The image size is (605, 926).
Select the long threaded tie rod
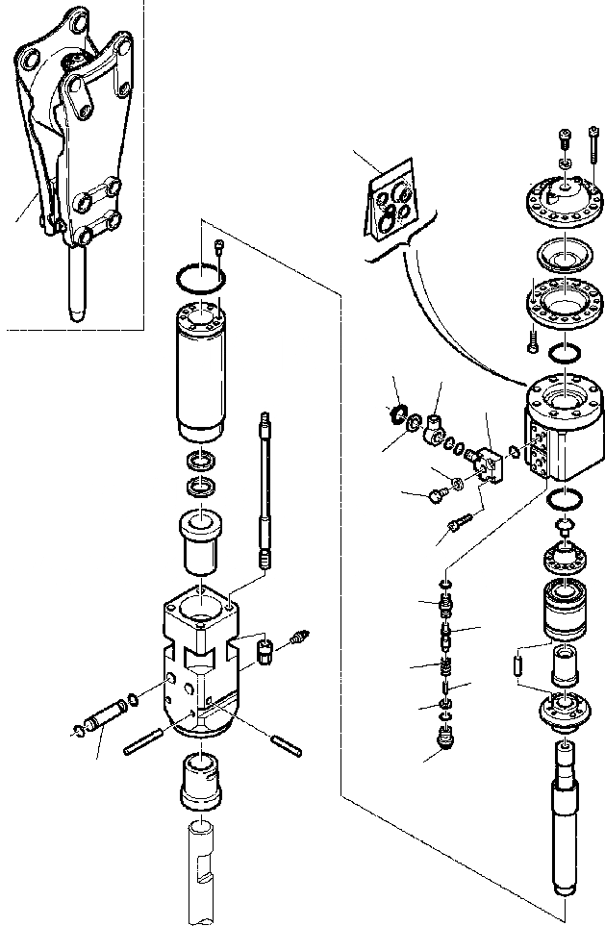(263, 490)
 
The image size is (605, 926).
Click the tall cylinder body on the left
(201, 369)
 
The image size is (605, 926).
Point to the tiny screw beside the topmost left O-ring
(220, 247)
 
